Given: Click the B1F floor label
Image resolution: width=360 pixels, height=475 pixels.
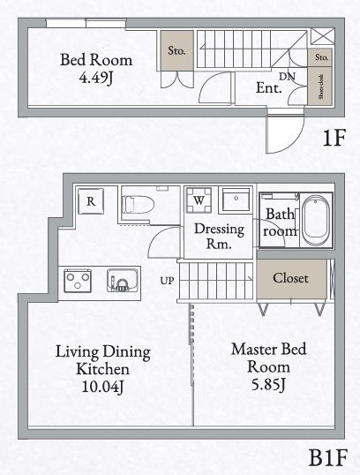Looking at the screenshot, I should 326,458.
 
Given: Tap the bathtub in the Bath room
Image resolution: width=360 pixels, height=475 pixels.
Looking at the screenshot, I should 315,221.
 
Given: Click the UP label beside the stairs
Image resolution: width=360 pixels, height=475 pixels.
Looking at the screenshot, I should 167,281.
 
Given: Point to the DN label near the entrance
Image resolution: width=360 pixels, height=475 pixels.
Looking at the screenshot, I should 288,77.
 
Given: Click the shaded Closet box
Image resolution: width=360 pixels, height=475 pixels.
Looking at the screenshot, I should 290,278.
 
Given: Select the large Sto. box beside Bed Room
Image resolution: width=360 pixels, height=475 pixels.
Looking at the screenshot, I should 176,51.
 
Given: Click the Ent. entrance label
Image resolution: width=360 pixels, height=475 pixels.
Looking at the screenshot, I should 268,88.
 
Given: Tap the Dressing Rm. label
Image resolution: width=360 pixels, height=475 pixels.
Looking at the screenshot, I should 213,236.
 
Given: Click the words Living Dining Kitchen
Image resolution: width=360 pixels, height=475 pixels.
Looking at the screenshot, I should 101,359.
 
